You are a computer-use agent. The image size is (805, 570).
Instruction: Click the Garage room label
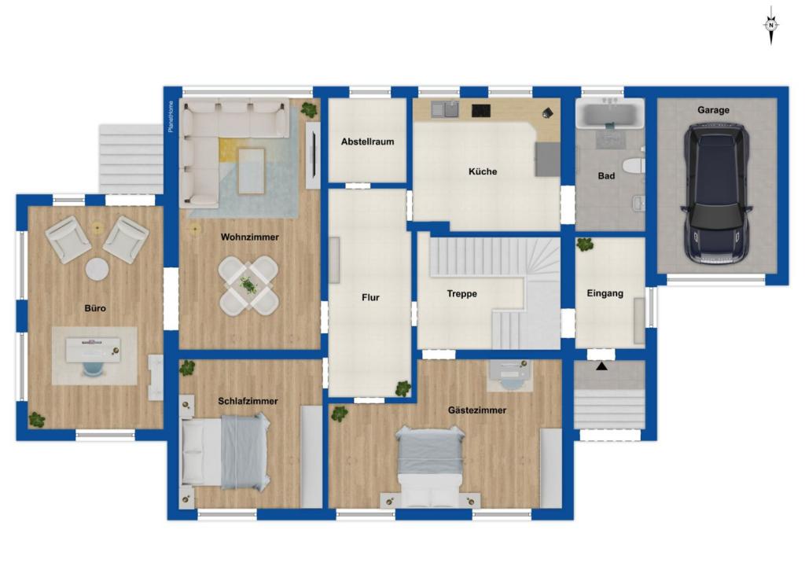tap(713, 110)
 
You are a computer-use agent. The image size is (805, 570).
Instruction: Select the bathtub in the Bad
tap(609, 113)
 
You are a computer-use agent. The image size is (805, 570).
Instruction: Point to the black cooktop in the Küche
tap(481, 110)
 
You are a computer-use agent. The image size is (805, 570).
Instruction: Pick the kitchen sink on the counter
tap(445, 109)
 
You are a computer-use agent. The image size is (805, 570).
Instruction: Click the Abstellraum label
tap(368, 142)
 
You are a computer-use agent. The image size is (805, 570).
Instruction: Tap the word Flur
tap(370, 297)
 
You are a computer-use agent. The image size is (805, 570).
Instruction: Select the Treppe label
tap(461, 294)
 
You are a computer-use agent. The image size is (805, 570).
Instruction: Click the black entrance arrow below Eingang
tap(601, 366)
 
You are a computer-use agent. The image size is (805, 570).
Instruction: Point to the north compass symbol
tap(770, 24)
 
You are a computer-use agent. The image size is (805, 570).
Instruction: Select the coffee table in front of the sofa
tap(252, 171)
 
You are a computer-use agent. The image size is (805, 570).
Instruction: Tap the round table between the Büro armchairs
tap(97, 269)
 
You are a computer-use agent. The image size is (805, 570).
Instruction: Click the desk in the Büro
tap(93, 350)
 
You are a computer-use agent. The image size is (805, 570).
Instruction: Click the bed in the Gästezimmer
tap(430, 465)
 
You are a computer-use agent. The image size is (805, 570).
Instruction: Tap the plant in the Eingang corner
tap(585, 244)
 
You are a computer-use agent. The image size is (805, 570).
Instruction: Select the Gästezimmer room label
tap(477, 410)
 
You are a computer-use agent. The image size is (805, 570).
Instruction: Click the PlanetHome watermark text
tap(171, 116)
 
